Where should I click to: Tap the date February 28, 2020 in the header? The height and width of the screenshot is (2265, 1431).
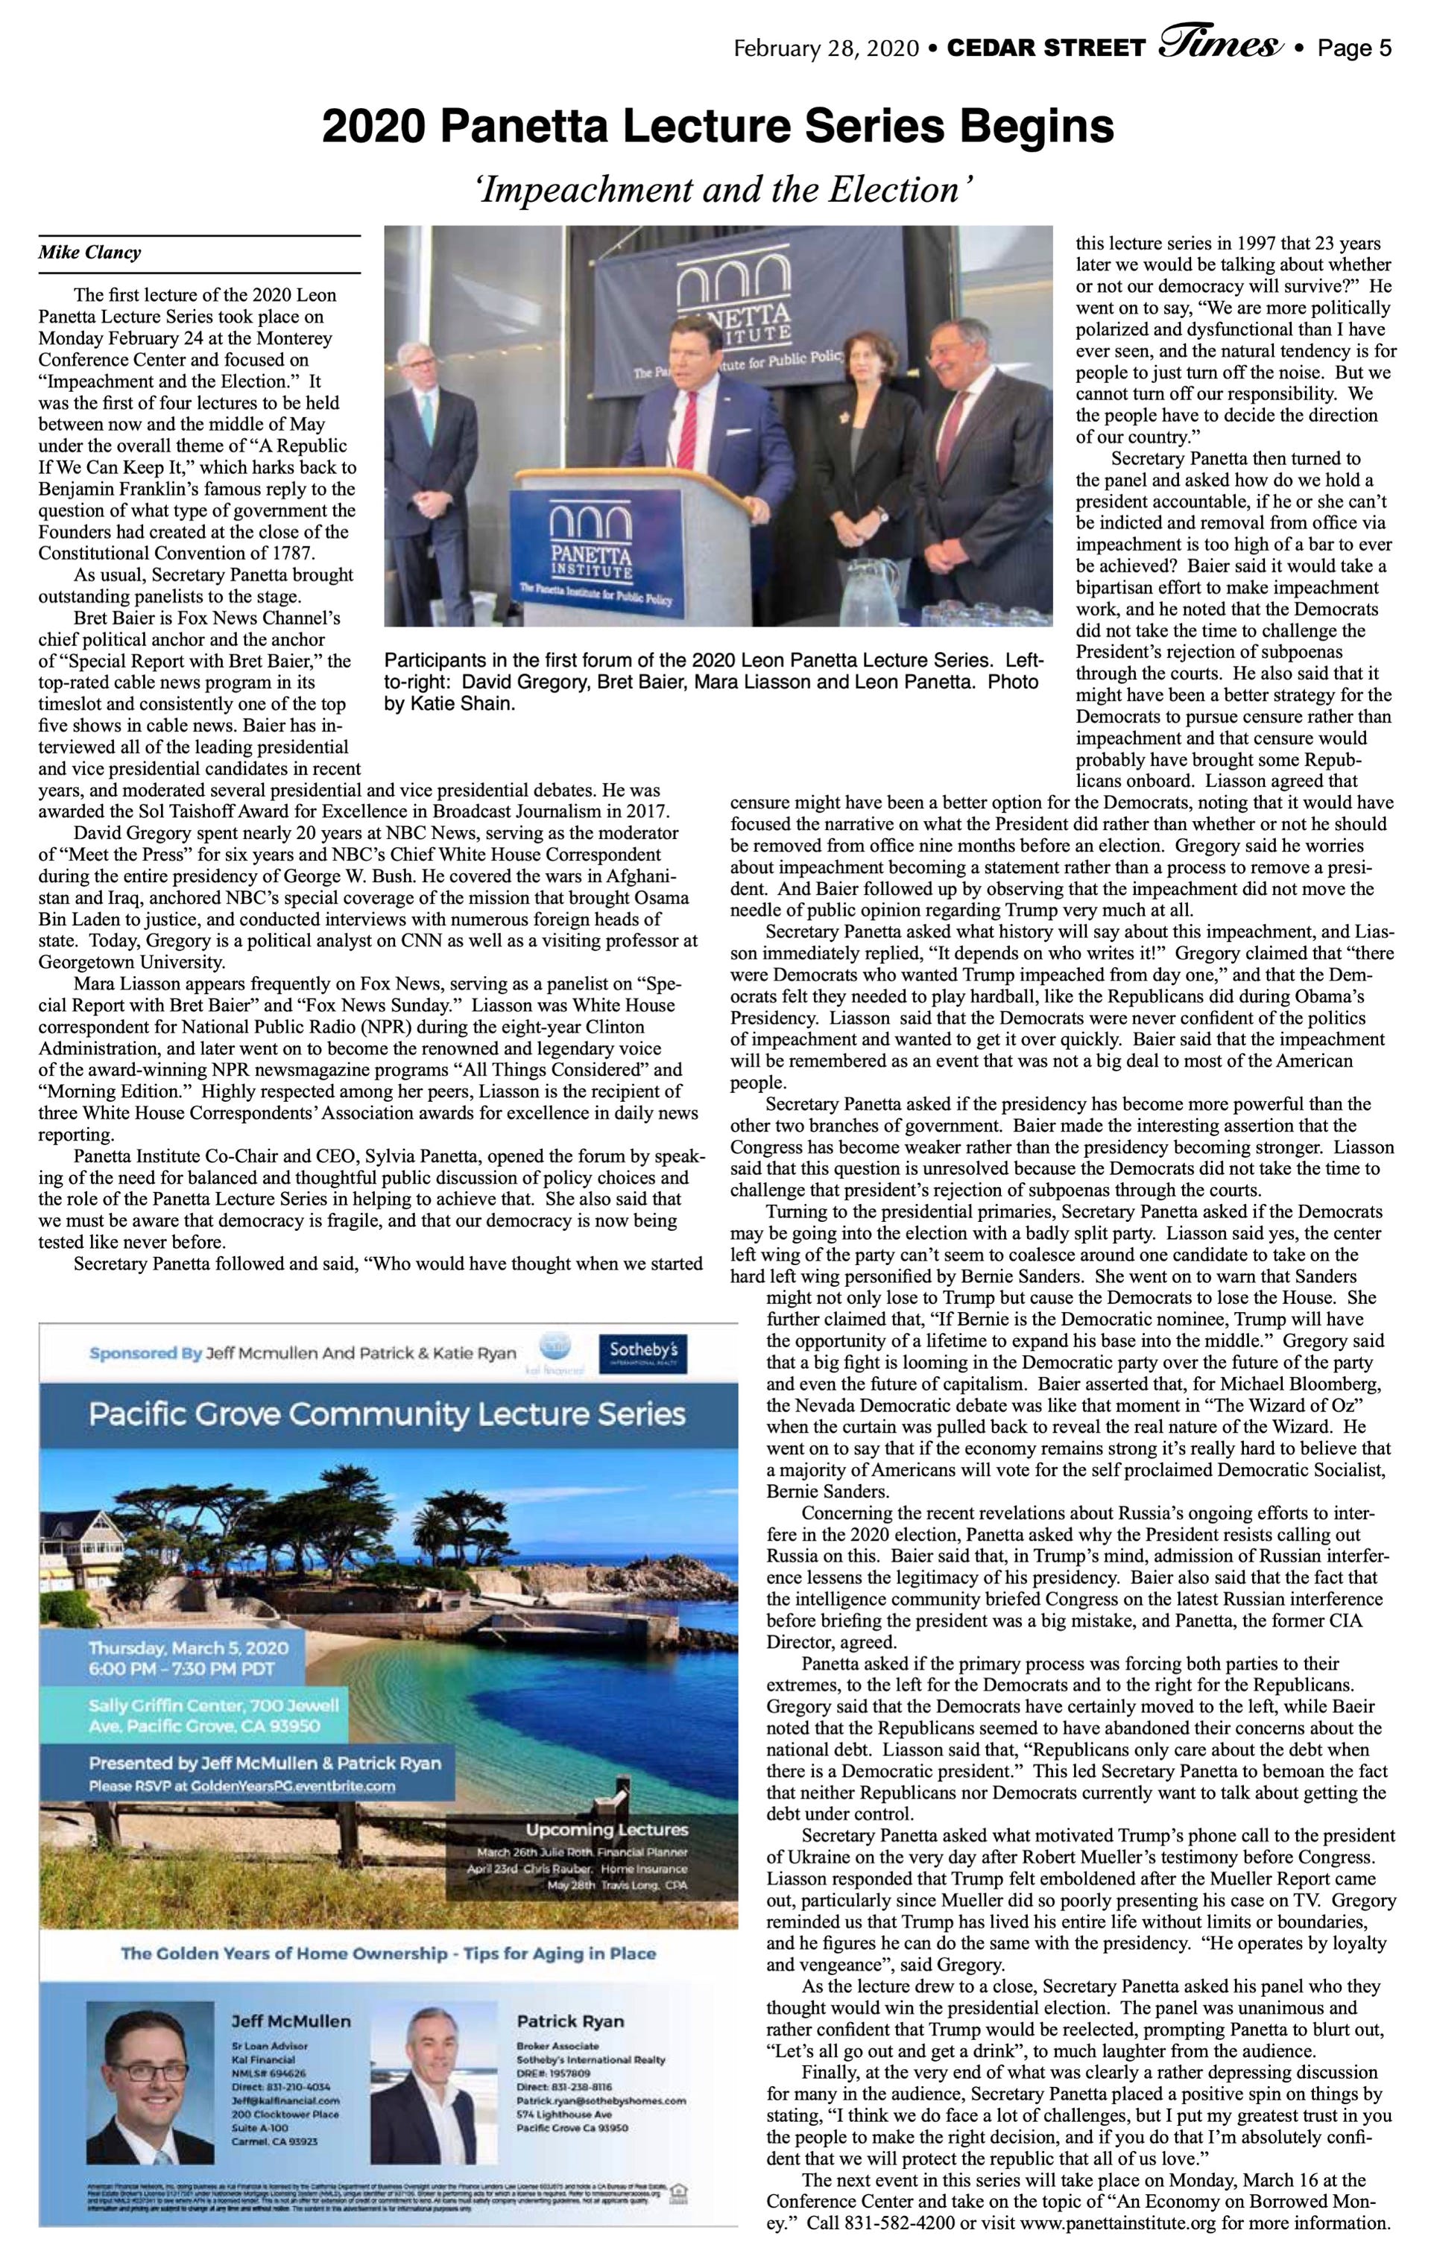coord(826,48)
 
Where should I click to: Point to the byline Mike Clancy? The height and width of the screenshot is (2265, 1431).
coord(89,252)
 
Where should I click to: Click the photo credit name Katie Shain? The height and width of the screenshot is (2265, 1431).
coord(449,703)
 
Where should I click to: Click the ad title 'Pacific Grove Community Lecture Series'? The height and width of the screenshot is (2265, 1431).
coord(387,1413)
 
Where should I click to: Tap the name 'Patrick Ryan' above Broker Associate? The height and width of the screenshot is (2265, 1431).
coord(569,2021)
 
